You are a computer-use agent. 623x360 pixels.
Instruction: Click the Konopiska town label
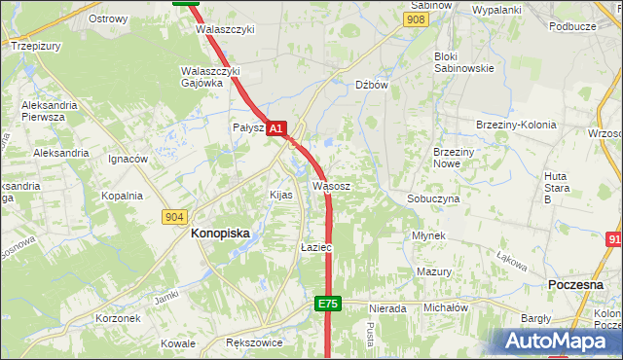[x=220, y=234]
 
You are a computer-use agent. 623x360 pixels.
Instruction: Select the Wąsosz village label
[x=332, y=184]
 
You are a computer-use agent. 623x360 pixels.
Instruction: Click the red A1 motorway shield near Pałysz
[x=275, y=127]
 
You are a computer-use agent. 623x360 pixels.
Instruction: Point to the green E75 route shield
[x=328, y=305]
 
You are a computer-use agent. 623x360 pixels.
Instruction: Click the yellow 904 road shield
[x=175, y=217]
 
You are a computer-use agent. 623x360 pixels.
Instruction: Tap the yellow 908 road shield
[x=417, y=19]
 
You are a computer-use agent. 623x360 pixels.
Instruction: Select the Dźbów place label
[x=372, y=85]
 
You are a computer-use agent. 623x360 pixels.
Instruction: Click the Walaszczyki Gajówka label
[x=210, y=77]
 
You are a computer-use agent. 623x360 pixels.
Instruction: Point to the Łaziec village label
[x=316, y=248]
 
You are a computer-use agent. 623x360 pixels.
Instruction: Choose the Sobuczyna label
[x=433, y=198]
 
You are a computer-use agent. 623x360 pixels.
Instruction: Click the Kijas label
[x=280, y=195]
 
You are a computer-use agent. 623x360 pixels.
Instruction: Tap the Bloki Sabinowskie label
[x=464, y=62]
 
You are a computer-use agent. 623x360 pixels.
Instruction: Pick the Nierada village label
[x=387, y=308]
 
